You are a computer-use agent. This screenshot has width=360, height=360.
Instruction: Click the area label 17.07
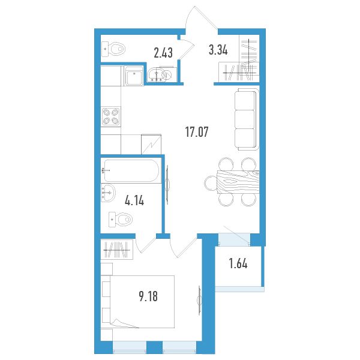(x=197, y=132)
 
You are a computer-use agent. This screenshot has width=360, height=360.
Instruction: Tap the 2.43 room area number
(x=163, y=53)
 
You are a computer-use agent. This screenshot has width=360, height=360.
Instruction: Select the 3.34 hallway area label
(x=218, y=50)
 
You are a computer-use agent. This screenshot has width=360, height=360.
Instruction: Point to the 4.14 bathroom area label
(x=134, y=200)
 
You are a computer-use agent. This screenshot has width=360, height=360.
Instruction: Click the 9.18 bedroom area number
(x=148, y=296)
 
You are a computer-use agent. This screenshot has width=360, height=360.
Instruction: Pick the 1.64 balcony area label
(x=238, y=263)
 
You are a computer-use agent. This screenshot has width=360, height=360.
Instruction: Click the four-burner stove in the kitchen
(x=111, y=116)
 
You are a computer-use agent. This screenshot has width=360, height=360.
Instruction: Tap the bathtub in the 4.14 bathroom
(x=130, y=171)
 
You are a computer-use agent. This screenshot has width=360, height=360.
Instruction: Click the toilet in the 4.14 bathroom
(x=121, y=220)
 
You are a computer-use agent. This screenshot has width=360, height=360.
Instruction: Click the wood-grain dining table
(x=238, y=182)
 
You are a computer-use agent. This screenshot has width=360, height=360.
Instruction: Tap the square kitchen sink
(x=134, y=76)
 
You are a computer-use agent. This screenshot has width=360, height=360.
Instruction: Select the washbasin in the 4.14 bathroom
(x=108, y=193)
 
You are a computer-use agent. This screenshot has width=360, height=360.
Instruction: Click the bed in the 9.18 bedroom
(x=142, y=302)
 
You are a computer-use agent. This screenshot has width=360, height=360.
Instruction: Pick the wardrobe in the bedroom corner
(x=117, y=250)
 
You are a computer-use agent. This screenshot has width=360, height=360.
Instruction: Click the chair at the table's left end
(x=211, y=183)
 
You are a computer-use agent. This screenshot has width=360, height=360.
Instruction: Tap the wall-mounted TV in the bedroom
(x=199, y=301)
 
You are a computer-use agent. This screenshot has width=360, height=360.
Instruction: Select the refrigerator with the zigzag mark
(x=152, y=144)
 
